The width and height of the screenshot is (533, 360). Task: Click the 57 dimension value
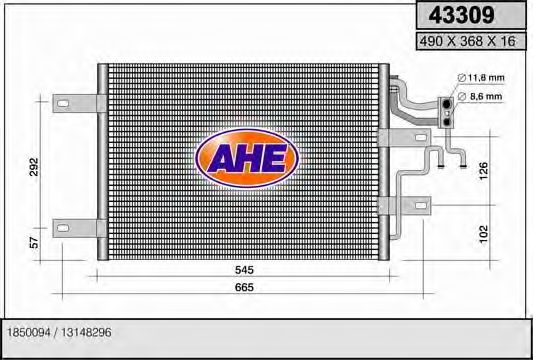34,242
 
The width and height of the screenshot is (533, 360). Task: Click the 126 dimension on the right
485,171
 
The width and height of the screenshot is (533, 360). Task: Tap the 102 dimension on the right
485,233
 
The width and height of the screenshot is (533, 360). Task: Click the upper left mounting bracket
78,102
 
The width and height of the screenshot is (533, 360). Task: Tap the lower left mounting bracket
78,225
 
